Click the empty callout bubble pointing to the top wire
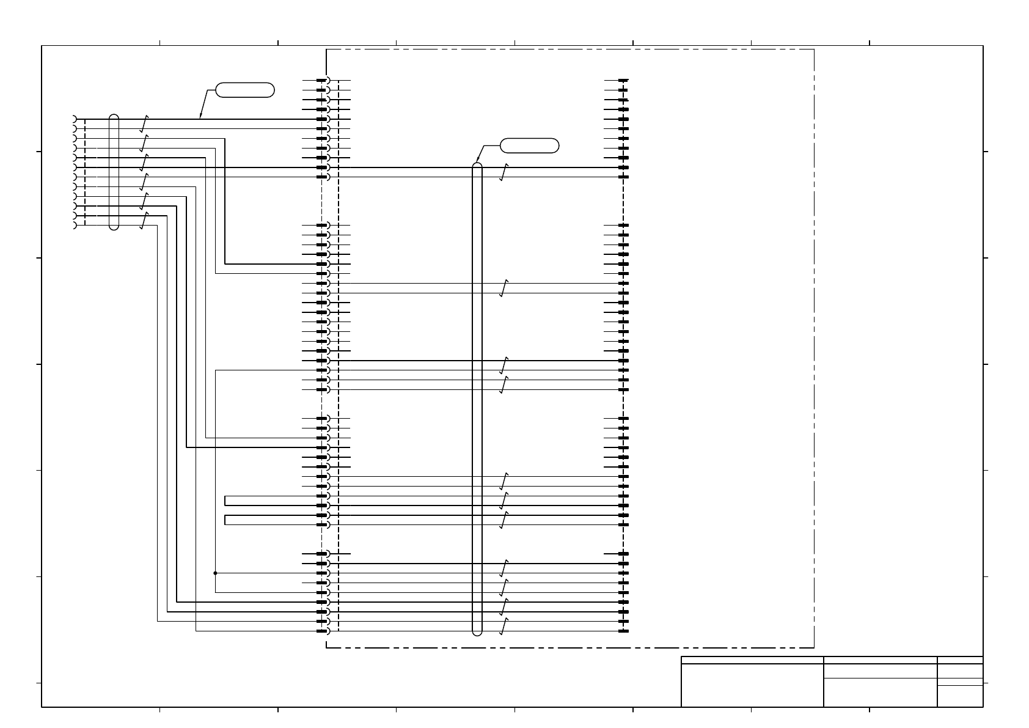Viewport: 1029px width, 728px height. coord(245,90)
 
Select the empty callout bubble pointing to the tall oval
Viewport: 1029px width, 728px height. coord(529,145)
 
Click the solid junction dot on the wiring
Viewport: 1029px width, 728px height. coord(215,573)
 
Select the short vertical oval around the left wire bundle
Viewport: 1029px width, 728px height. coord(114,172)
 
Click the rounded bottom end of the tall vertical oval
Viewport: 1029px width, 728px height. coord(477,633)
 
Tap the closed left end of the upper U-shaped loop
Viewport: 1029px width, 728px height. coord(225,501)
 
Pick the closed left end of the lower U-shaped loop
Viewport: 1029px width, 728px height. coord(225,520)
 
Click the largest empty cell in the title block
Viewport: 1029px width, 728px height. coord(752,685)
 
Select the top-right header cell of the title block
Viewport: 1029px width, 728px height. coord(960,660)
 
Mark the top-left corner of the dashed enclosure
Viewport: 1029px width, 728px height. coord(327,50)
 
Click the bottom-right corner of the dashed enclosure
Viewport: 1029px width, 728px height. coord(814,647)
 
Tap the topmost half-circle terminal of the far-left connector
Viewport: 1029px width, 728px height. coord(75,119)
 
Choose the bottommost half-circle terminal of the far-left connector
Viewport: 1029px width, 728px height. coord(75,226)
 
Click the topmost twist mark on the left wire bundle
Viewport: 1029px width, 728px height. coord(144,123)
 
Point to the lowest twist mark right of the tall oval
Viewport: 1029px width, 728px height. coord(504,627)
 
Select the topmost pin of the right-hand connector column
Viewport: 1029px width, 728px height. coord(623,80)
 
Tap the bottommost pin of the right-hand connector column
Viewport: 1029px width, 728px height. coord(623,631)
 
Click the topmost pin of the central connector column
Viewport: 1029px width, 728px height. coord(322,80)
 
